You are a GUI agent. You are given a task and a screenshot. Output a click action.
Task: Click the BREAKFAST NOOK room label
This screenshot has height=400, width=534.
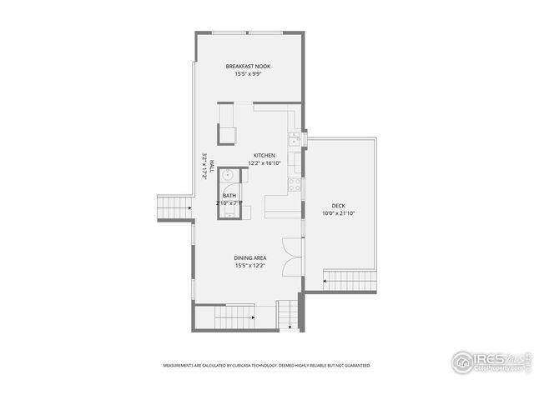[248, 66]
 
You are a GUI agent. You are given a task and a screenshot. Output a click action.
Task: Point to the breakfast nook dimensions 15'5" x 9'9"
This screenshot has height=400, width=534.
[248, 74]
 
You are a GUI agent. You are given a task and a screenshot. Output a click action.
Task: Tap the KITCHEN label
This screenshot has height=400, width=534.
[264, 155]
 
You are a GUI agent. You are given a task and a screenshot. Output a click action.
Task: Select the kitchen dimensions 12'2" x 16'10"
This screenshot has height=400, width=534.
[264, 163]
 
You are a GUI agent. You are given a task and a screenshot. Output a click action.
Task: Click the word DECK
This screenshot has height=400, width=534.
[338, 205]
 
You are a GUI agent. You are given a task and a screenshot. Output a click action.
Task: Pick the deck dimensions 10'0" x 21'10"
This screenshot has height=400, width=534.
[338, 213]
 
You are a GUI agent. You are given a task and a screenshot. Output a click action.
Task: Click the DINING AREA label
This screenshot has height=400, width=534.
[249, 258]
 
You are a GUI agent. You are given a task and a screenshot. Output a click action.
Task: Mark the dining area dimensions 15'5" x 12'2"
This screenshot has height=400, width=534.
[249, 267]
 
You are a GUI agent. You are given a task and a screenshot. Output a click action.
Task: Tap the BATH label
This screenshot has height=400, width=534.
[229, 195]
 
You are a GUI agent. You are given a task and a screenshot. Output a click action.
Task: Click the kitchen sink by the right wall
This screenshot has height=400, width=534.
[295, 138]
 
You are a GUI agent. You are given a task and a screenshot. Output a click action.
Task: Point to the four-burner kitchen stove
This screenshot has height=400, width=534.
[295, 185]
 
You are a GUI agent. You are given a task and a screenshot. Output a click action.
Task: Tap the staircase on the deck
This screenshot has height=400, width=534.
[349, 280]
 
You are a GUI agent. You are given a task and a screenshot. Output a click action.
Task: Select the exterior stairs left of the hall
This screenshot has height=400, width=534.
[174, 207]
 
